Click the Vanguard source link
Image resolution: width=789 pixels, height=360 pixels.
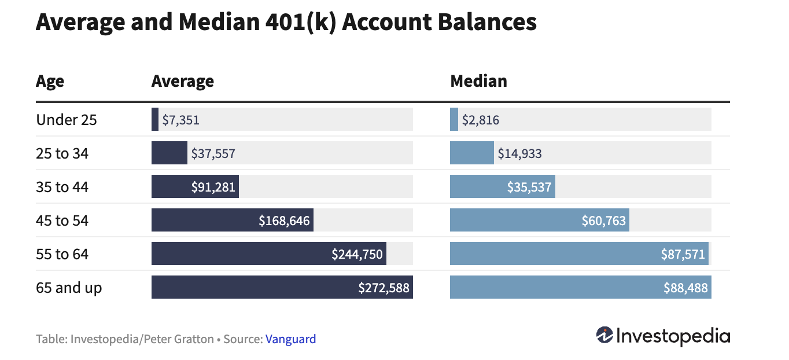290,339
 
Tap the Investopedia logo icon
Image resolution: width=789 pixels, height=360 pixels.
604,335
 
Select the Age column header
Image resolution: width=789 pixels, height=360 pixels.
50,81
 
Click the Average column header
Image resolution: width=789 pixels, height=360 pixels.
182,81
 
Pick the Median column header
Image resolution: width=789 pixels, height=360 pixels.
478,81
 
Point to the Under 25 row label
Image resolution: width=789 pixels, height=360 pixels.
67,120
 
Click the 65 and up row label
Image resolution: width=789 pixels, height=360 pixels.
69,288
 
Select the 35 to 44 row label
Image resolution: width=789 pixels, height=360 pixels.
62,187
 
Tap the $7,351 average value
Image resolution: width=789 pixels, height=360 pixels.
180,120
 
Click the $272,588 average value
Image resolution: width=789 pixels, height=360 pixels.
384,288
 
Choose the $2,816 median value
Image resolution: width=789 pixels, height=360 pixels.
480,120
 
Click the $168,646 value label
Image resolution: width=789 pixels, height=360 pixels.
284,221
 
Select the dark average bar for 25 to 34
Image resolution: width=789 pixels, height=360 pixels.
169,153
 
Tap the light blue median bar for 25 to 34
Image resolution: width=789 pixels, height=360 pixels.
471,153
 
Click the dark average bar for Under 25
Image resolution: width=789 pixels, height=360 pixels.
155,120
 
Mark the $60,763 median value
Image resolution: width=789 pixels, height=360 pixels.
603,221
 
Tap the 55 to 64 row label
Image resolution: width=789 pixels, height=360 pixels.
62,254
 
